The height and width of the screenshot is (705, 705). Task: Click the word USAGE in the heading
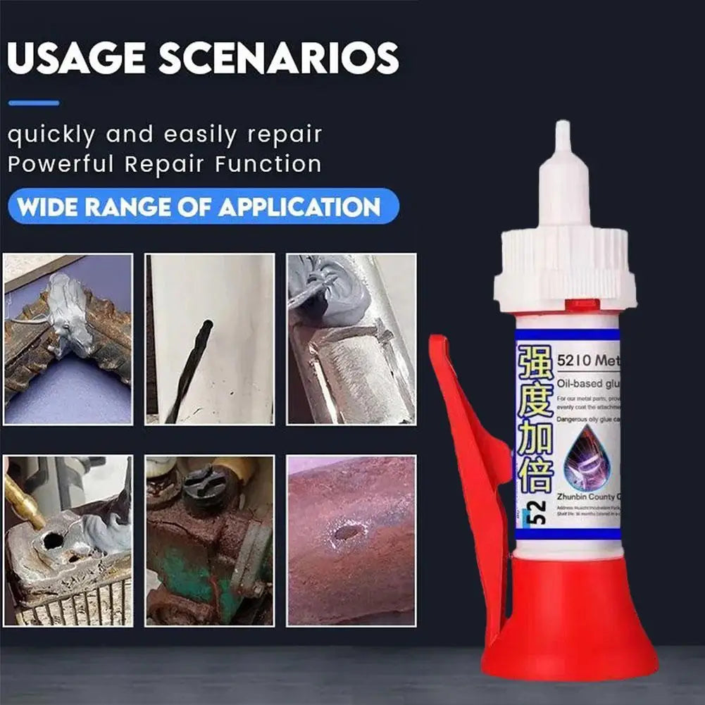pyautogui.click(x=77, y=59)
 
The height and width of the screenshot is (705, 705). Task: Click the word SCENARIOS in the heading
pyautogui.click(x=279, y=59)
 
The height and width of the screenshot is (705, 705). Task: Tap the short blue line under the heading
pyautogui.click(x=34, y=103)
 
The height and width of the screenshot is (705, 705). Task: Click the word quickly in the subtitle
pyautogui.click(x=50, y=134)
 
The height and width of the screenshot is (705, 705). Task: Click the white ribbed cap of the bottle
pyautogui.click(x=564, y=268)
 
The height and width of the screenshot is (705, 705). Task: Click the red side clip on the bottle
pyautogui.click(x=468, y=458)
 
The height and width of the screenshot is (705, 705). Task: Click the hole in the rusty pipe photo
pyautogui.click(x=346, y=532)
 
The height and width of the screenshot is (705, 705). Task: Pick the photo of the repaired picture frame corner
pyautogui.click(x=68, y=339)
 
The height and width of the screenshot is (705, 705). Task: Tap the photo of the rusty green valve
pyautogui.click(x=209, y=541)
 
